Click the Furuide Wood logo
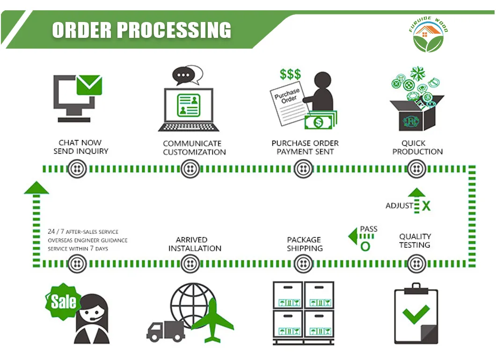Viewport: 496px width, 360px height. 428,36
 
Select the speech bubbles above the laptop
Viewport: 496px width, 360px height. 187,74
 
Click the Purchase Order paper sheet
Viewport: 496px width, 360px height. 287,103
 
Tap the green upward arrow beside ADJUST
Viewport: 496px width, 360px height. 415,197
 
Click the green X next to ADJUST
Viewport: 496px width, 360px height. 426,206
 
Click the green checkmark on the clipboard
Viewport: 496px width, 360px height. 416,314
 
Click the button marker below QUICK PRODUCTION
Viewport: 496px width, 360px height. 416,169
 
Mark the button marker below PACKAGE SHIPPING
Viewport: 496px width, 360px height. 303,265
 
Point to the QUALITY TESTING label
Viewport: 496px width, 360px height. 415,241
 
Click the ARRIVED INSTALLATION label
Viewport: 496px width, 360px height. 195,244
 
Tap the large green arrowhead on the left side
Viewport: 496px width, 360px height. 36,188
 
